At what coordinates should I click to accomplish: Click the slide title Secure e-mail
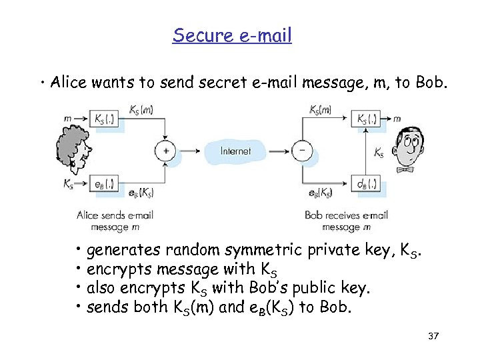point(232,35)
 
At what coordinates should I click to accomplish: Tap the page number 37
point(433,335)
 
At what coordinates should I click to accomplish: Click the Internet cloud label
point(236,151)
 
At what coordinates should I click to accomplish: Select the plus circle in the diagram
point(165,151)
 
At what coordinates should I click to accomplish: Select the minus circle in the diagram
point(302,151)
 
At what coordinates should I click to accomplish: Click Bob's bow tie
point(405,169)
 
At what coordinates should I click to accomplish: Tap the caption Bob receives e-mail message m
point(346,221)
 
